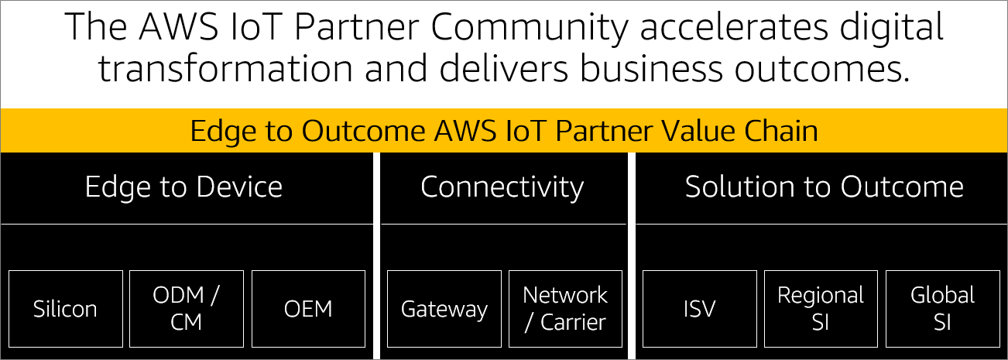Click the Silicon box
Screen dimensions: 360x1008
65,309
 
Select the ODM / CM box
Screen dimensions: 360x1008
186,309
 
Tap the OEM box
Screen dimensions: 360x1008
307,309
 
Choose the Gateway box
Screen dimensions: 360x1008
444,309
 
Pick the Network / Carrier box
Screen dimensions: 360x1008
565,309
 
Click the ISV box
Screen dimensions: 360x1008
700,309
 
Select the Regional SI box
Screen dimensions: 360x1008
821,309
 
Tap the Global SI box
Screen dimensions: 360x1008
942,309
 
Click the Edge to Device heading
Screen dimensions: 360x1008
183,187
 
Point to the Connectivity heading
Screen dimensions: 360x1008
502,187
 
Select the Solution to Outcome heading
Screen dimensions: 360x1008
824,187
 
